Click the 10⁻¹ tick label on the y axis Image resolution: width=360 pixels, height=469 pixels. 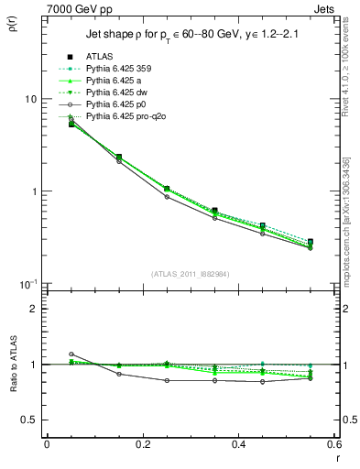[27, 285]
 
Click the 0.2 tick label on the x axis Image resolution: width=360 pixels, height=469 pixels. [142, 444]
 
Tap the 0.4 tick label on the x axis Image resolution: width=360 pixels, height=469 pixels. [238, 444]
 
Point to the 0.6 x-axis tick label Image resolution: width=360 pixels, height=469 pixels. [333, 444]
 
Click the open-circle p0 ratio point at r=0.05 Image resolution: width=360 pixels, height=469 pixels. [71, 354]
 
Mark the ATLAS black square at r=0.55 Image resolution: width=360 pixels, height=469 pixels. [311, 243]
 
